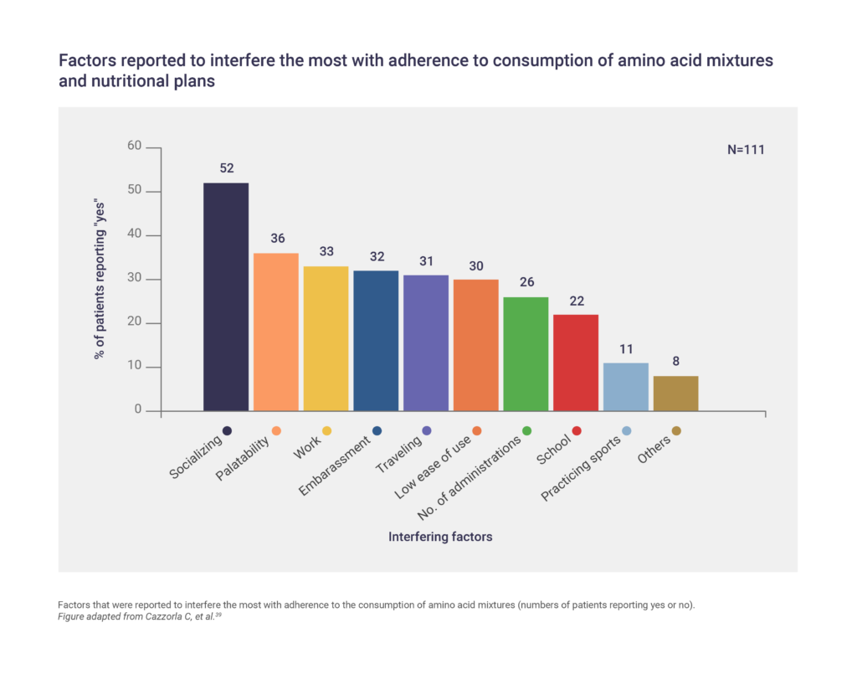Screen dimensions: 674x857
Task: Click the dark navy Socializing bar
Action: point(226,296)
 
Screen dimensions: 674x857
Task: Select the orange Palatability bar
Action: point(275,332)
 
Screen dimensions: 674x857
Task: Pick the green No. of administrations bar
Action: point(526,353)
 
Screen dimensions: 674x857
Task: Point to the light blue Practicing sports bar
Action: point(626,387)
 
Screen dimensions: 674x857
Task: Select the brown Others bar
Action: point(675,394)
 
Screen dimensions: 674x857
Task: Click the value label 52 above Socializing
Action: point(227,168)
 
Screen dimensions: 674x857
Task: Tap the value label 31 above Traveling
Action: point(426,260)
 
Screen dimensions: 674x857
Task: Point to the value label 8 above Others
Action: point(676,361)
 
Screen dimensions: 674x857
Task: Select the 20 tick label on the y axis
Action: point(132,323)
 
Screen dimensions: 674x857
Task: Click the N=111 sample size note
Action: point(746,151)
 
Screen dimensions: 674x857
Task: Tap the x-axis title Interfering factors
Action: point(440,537)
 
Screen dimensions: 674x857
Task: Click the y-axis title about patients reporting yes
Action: point(100,280)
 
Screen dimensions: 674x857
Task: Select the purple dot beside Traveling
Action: point(427,430)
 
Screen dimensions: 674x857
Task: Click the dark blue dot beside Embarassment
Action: point(377,430)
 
